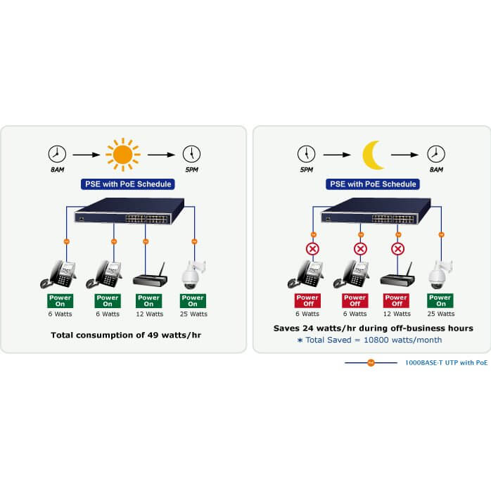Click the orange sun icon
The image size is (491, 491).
(x=122, y=153)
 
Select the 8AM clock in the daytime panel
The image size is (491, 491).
(x=57, y=153)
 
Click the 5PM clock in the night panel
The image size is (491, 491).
(x=305, y=153)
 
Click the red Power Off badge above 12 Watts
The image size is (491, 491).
(x=397, y=301)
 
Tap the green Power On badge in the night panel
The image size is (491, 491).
(x=441, y=301)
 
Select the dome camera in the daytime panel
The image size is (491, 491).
(x=191, y=275)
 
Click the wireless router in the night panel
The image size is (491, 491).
(x=396, y=276)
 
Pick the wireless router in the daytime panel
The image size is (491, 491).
(x=149, y=276)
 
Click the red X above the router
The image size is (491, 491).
(x=397, y=248)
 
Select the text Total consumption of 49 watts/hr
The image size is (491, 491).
(x=126, y=335)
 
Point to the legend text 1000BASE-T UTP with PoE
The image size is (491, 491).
(x=446, y=363)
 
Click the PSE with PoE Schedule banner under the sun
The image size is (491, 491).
(x=127, y=184)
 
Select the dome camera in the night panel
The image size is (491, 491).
(x=440, y=275)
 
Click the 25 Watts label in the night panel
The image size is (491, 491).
(x=441, y=314)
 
